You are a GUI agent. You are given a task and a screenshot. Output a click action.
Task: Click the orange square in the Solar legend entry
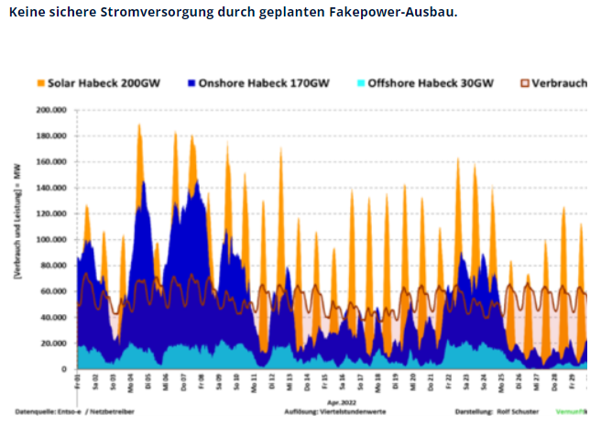point(39,82)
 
